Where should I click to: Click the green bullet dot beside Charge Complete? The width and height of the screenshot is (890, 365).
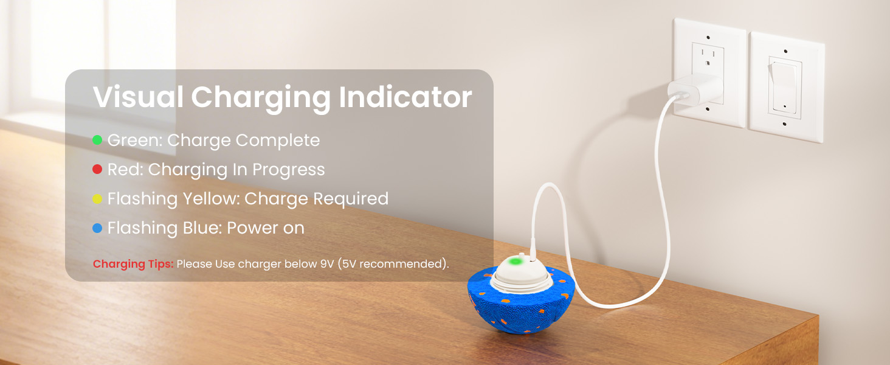click(x=97, y=141)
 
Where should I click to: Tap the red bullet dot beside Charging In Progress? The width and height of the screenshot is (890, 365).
click(x=97, y=170)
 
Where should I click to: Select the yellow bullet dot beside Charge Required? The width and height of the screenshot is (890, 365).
click(x=97, y=199)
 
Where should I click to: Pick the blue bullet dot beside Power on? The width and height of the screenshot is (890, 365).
click(x=97, y=228)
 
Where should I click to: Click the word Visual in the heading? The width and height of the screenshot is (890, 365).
click(x=138, y=97)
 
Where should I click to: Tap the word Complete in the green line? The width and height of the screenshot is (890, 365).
click(x=278, y=141)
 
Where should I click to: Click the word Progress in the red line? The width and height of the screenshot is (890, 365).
click(x=289, y=170)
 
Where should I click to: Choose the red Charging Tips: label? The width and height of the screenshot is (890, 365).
click(x=133, y=265)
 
